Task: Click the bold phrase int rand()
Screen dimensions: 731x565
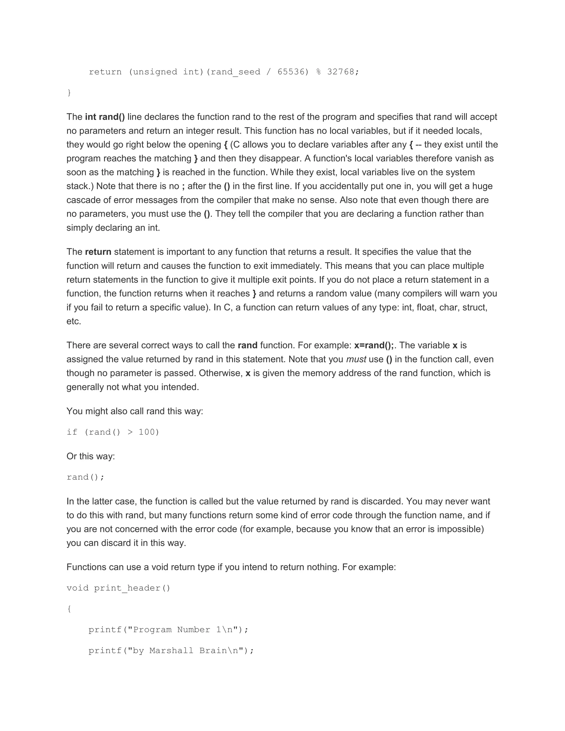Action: click(x=105, y=117)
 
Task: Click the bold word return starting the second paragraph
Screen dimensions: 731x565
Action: click(x=98, y=252)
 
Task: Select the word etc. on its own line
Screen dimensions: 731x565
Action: click(x=74, y=321)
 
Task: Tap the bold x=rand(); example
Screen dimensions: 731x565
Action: click(x=374, y=345)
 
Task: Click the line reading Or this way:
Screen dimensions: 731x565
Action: click(x=91, y=456)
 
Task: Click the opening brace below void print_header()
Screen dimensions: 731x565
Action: click(x=69, y=609)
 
